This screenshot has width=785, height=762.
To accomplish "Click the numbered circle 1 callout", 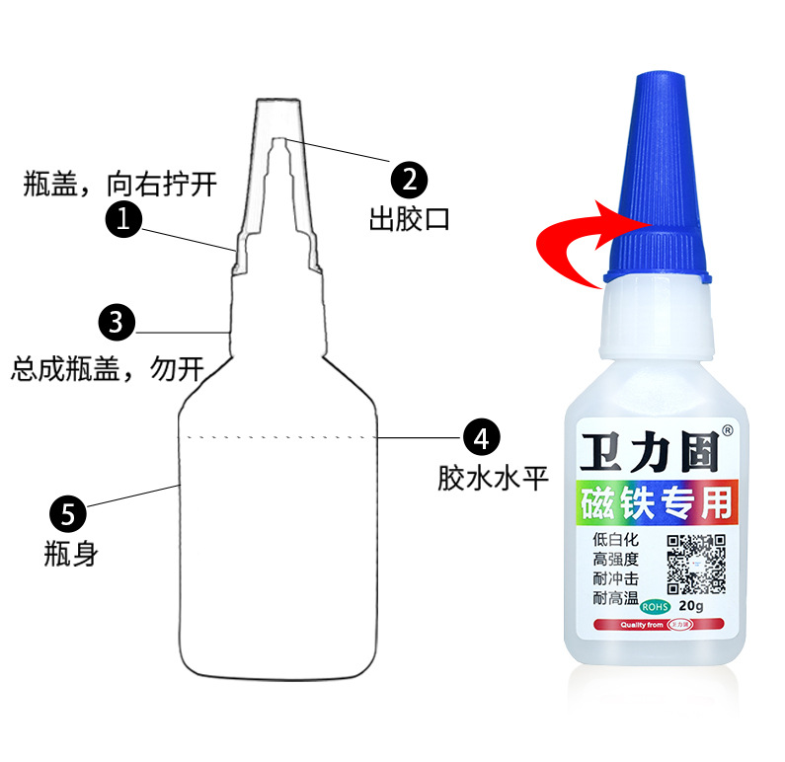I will point(123,219).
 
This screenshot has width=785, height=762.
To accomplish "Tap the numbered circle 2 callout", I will point(409,181).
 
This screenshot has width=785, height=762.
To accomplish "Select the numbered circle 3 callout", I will point(117,322).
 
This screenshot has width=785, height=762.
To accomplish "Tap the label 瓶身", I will point(70,554).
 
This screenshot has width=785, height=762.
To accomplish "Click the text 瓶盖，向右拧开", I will point(118,184).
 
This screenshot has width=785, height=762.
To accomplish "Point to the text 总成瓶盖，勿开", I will point(108,369).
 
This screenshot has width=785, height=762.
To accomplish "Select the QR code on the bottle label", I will point(695,563).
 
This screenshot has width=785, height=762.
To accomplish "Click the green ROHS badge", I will point(655,606).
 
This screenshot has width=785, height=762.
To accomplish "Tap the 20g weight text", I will point(691,605).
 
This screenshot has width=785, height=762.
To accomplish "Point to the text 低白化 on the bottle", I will point(616,540).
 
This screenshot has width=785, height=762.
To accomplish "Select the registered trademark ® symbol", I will point(728,430).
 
